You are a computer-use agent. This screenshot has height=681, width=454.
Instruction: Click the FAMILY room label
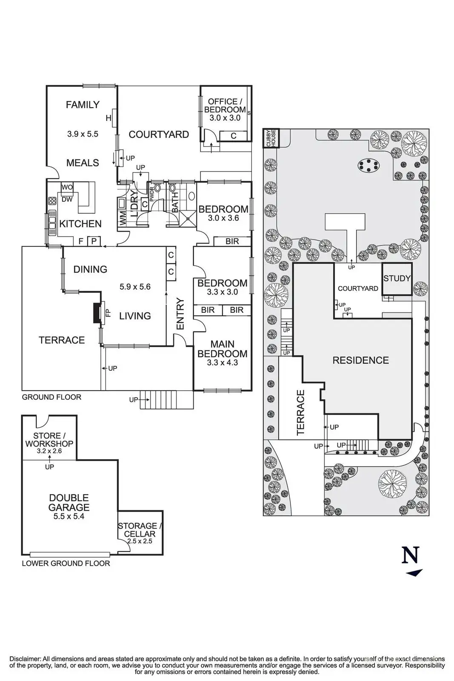(x=83, y=105)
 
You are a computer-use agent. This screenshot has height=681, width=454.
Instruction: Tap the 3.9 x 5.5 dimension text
(x=83, y=134)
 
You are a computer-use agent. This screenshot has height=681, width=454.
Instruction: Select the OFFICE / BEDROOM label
(x=225, y=106)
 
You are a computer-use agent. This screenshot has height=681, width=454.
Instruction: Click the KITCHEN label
(x=80, y=224)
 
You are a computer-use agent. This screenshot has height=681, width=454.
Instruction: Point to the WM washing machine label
(x=123, y=218)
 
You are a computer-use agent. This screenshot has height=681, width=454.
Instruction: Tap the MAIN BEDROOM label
(x=223, y=349)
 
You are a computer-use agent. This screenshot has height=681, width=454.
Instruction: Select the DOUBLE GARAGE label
(x=69, y=503)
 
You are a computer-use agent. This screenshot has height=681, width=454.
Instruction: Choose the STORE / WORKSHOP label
(x=49, y=440)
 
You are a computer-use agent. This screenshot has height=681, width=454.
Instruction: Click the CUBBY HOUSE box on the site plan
(x=271, y=138)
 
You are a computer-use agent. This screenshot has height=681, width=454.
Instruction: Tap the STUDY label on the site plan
(x=397, y=278)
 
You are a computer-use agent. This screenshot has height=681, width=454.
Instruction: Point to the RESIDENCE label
(x=361, y=360)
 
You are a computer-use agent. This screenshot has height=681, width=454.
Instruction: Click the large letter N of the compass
(x=411, y=555)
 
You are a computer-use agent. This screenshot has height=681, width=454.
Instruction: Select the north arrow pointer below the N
(x=414, y=573)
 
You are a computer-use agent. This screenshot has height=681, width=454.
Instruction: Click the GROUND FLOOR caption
(x=51, y=397)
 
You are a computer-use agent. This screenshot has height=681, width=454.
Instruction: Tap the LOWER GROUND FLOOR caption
(x=66, y=564)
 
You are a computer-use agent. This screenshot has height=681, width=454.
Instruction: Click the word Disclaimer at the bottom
(x=25, y=659)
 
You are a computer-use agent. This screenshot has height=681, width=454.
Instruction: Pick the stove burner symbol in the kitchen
(x=52, y=200)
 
